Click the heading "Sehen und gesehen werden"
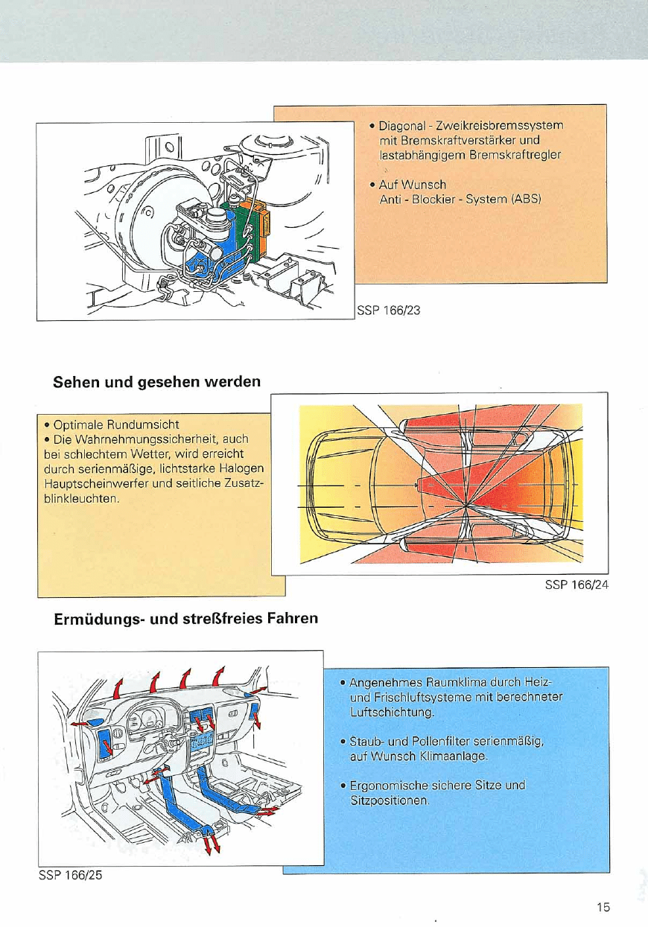pyautogui.click(x=156, y=382)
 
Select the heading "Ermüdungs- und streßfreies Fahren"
pyautogui.click(x=185, y=618)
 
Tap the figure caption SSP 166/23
pyautogui.click(x=388, y=310)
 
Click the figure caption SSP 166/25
pyautogui.click(x=70, y=875)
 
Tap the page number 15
pyautogui.click(x=603, y=907)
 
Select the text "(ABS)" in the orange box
pyautogui.click(x=525, y=199)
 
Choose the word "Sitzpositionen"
pyautogui.click(x=390, y=800)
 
